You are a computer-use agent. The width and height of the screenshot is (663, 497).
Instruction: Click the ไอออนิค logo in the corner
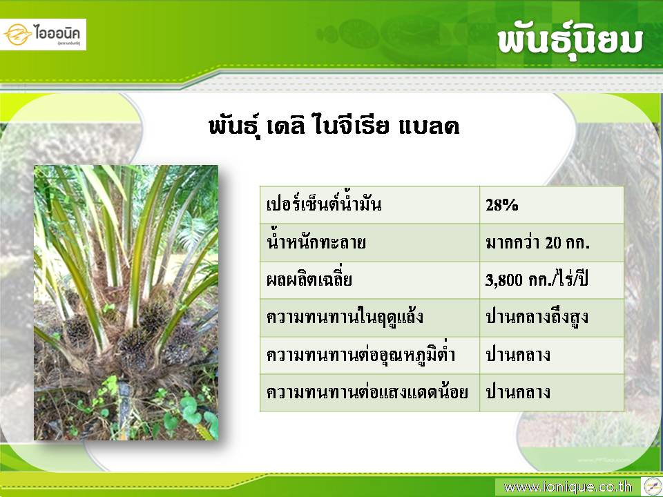(43, 35)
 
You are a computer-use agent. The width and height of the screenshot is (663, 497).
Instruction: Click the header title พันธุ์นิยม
(570, 42)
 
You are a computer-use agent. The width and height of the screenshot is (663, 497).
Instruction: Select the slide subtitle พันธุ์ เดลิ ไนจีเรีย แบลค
(334, 126)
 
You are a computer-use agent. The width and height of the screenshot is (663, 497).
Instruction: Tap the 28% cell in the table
(502, 206)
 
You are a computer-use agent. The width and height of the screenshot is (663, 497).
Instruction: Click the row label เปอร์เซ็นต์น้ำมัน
(324, 204)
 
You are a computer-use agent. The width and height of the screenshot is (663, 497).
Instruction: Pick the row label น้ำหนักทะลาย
(316, 242)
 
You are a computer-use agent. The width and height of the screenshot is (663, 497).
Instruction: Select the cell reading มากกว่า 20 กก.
(537, 242)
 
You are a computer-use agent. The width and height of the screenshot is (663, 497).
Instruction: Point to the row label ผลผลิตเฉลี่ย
(309, 280)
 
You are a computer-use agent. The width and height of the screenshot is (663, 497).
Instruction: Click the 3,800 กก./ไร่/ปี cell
(537, 280)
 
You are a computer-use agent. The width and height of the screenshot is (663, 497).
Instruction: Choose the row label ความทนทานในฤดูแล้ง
(345, 317)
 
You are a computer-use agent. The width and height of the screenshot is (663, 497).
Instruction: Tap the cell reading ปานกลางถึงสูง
(537, 317)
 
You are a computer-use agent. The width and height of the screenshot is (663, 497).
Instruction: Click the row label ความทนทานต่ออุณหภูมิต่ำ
(361, 354)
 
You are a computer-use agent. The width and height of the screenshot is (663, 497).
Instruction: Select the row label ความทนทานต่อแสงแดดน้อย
(367, 392)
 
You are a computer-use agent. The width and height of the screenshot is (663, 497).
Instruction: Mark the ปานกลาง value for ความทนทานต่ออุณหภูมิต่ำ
(518, 355)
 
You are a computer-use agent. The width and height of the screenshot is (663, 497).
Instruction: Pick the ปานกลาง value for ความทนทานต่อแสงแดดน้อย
(518, 392)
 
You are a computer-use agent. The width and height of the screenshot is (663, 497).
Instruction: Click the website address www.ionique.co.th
(568, 487)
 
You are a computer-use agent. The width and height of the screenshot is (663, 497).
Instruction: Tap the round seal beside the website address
(653, 486)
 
